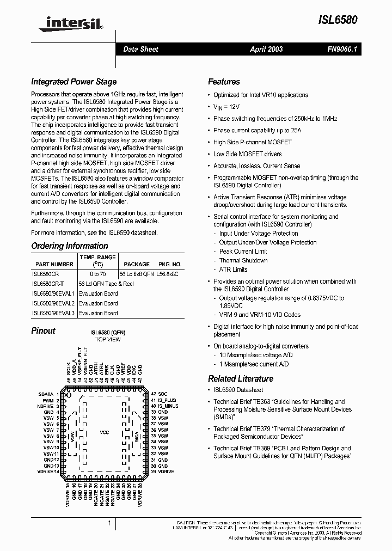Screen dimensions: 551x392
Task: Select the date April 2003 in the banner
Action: click(x=266, y=49)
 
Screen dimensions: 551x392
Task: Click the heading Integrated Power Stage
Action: click(x=73, y=82)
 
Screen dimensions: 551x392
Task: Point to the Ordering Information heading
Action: click(x=69, y=246)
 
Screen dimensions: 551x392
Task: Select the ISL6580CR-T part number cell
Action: click(x=48, y=284)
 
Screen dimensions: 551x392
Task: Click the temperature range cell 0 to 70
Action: click(x=98, y=274)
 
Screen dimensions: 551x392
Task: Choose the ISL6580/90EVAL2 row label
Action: click(x=53, y=303)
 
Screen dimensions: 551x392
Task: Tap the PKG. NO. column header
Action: click(x=168, y=264)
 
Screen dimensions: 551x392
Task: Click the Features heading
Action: click(x=224, y=82)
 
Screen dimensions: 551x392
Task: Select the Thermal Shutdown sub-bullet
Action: click(x=243, y=261)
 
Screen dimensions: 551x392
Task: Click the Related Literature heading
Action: click(x=241, y=379)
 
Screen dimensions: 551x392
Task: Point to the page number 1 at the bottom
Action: click(x=109, y=523)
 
